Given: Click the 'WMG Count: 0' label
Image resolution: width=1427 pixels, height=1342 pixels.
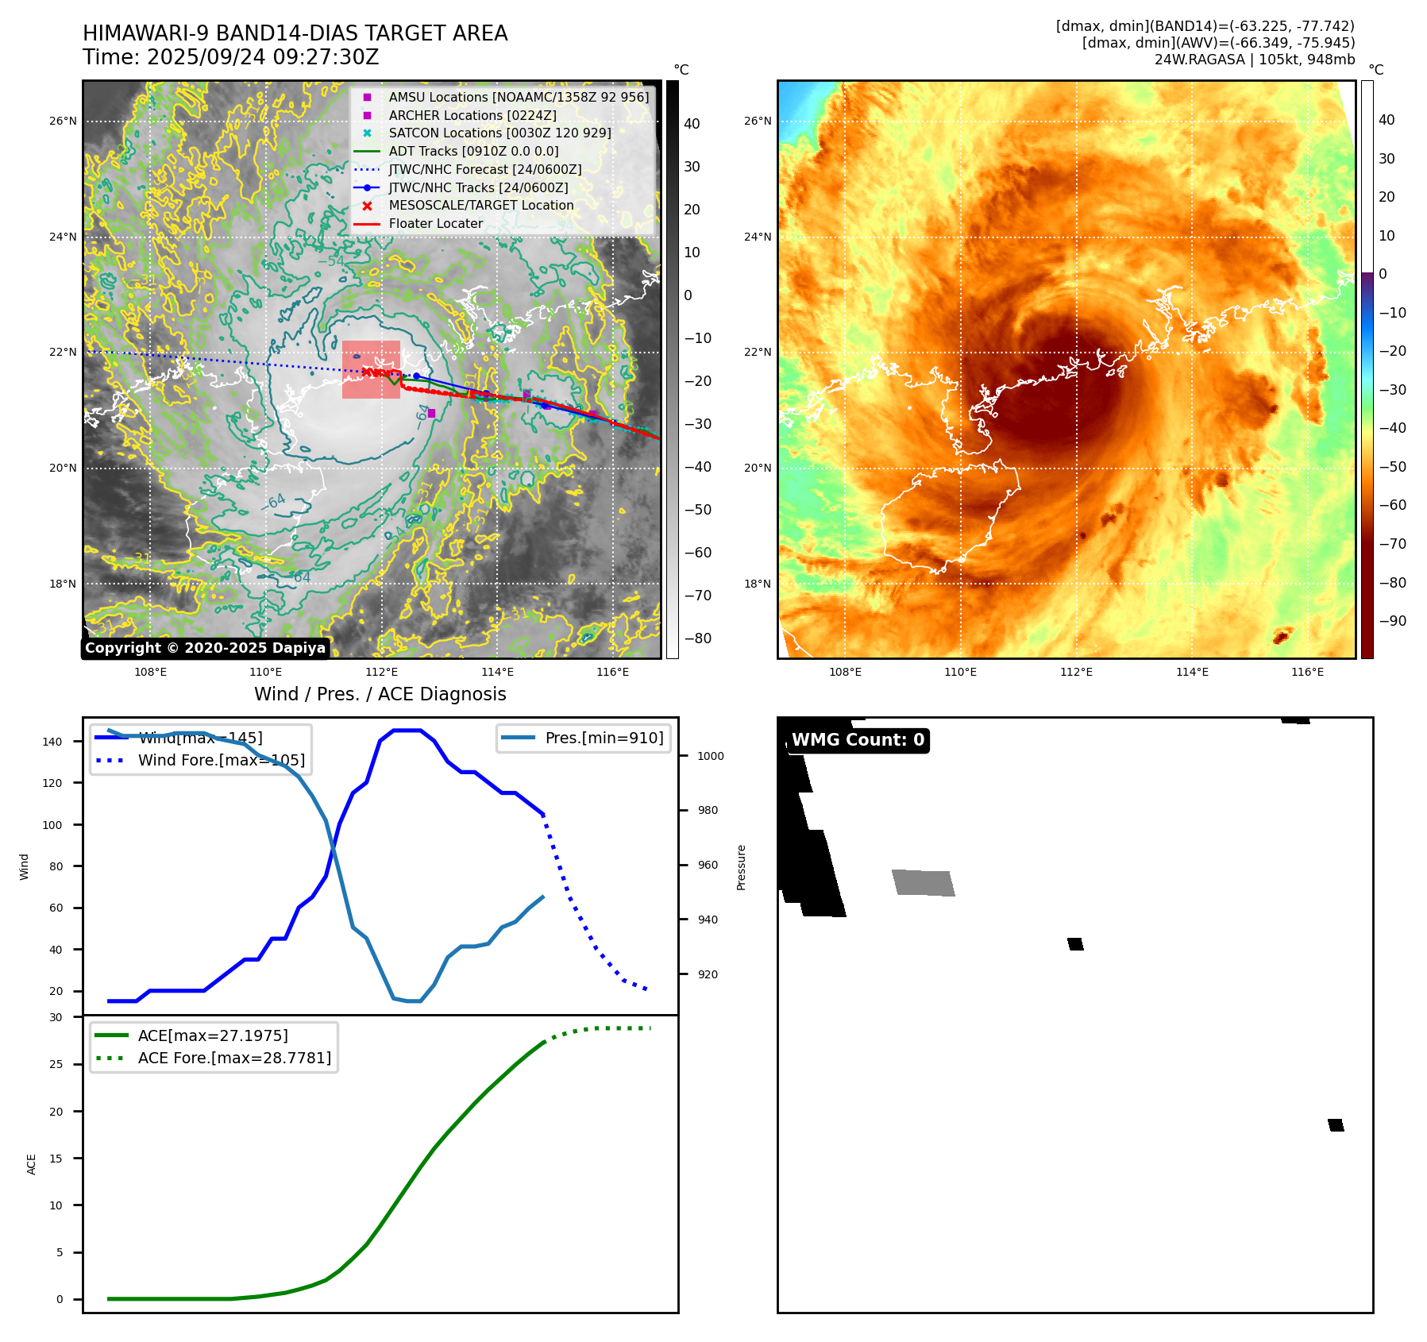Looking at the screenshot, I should click(858, 740).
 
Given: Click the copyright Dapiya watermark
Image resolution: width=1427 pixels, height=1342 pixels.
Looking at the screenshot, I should click(205, 648).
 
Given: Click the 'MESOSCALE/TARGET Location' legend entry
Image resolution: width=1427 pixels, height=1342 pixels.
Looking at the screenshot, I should click(480, 205).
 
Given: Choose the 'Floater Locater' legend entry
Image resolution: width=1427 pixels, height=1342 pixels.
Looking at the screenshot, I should click(435, 223).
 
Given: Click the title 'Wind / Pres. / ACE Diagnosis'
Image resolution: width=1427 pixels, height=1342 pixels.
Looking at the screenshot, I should click(380, 694).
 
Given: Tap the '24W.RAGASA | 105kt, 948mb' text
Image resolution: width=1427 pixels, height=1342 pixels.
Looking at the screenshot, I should click(1254, 60).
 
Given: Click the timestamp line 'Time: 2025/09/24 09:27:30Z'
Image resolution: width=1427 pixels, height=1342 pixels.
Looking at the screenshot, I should click(230, 57).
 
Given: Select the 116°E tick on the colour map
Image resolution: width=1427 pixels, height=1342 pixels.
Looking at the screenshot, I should click(1307, 672).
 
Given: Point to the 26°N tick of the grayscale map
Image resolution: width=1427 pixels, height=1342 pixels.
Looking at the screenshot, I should click(63, 121).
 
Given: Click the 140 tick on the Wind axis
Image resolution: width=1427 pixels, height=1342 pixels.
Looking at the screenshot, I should click(52, 742).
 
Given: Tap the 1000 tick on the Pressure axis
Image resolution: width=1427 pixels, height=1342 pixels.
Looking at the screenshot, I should click(710, 756).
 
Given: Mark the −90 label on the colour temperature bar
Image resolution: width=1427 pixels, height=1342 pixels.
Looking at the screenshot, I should click(1391, 621).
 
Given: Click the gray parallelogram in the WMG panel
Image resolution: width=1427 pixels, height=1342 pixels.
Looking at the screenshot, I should click(923, 883).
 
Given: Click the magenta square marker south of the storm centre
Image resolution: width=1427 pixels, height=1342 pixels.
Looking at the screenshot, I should click(431, 413).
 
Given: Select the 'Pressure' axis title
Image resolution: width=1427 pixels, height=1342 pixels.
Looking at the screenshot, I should click(741, 867).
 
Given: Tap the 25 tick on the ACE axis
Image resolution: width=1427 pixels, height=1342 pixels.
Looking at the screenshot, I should click(56, 1064).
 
